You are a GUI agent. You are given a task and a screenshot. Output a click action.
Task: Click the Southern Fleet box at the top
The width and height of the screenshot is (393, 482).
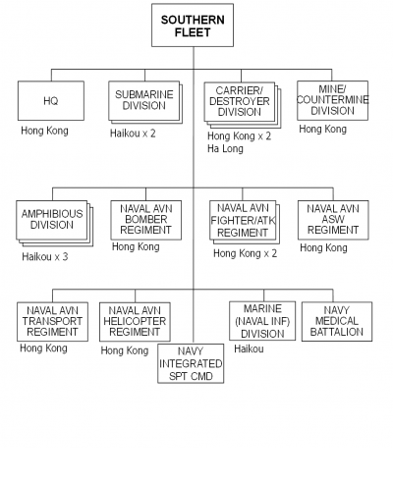193,26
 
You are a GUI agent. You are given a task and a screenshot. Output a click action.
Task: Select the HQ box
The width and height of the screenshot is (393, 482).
51,101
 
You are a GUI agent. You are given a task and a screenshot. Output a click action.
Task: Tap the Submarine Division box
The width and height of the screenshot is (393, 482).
145,102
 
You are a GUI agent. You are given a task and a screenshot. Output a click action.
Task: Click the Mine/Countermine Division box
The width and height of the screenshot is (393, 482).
332,100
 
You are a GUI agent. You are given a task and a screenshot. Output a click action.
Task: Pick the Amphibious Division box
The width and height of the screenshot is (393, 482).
54,223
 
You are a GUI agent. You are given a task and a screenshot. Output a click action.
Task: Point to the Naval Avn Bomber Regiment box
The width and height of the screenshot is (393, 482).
145,220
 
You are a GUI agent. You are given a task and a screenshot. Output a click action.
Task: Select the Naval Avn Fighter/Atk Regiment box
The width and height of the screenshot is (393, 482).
245,222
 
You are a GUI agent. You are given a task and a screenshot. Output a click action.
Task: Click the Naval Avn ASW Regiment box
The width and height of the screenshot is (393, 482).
333,220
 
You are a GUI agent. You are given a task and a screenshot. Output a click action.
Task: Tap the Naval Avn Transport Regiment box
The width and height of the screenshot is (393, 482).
52,322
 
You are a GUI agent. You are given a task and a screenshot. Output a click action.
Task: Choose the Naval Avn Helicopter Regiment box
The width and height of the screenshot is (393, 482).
135,322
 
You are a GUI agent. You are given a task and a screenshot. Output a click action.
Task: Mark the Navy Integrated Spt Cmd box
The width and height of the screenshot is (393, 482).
191,363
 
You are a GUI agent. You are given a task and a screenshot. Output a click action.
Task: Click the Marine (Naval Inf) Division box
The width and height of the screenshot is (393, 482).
262,321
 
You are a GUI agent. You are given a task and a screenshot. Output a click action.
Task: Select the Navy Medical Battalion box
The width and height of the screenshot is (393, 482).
337,322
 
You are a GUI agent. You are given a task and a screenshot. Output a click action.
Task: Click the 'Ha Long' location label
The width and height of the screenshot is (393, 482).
225,148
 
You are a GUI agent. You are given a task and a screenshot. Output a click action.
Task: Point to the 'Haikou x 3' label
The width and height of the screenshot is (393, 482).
45,256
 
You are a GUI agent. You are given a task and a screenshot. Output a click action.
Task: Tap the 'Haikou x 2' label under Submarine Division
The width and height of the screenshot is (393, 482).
133,134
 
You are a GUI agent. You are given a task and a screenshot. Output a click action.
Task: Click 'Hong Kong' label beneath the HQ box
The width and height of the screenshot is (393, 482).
44,131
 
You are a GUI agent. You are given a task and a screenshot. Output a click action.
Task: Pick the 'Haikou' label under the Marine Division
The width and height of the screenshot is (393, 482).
249,348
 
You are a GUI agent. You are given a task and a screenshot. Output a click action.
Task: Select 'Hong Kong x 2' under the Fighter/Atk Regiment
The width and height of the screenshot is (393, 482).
245,253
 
